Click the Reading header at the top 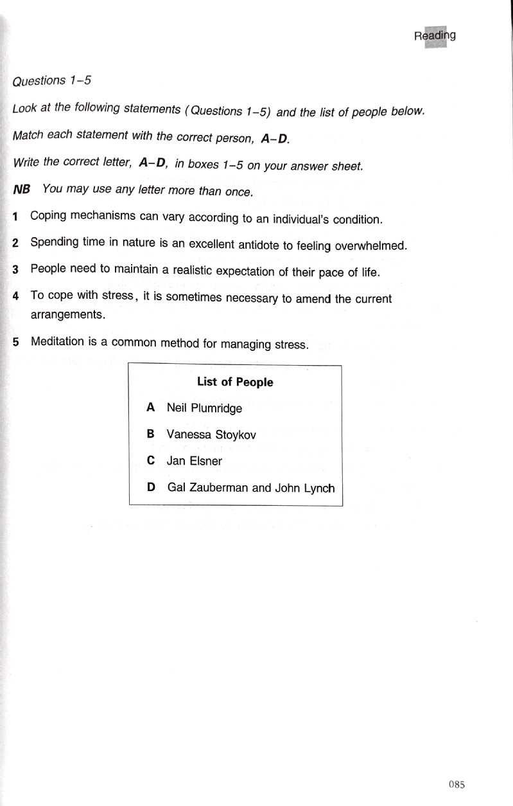point(435,36)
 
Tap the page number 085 point(456,784)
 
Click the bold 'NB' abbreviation point(22,190)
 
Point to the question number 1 point(15,217)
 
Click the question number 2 point(15,244)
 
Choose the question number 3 point(15,270)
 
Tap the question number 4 point(15,298)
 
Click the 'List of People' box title point(235,382)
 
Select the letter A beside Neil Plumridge point(151,407)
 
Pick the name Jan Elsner point(194,461)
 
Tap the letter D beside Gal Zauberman point(152,487)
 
